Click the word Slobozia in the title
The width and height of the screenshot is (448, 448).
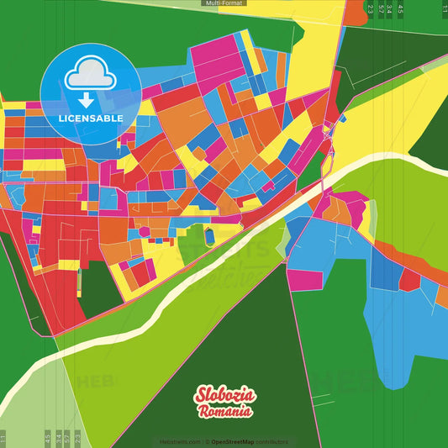224,396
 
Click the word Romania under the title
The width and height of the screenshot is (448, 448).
224,412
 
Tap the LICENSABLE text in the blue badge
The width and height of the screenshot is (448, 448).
91,119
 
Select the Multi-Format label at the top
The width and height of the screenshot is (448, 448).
224,3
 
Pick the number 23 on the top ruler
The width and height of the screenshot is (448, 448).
371,9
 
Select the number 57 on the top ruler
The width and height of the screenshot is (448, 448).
382,9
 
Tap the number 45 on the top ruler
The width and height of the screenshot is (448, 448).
401,9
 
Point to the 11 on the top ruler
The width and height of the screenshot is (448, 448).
444,9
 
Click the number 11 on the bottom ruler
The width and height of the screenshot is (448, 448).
3,438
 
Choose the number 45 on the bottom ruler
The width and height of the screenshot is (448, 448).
47,438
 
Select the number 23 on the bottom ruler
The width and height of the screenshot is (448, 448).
77,438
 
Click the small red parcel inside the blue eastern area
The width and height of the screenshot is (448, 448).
409,280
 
